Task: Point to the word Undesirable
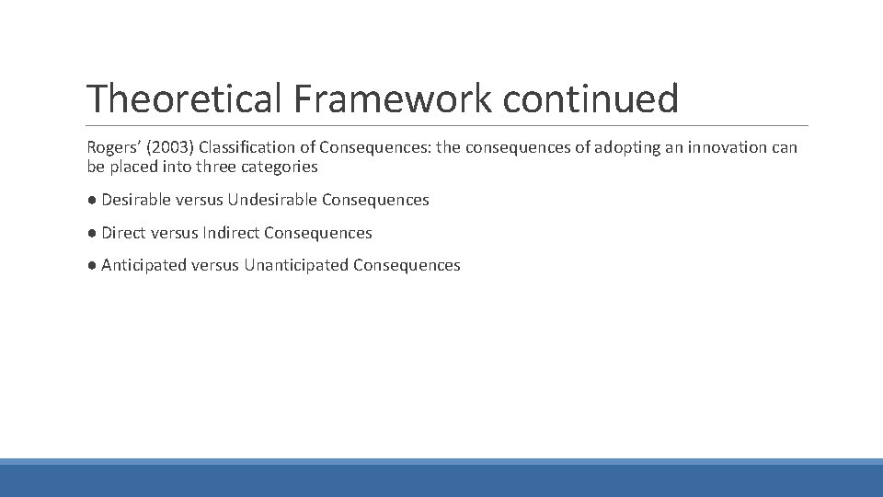272,200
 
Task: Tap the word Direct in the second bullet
123,233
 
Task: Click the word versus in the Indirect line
174,233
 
